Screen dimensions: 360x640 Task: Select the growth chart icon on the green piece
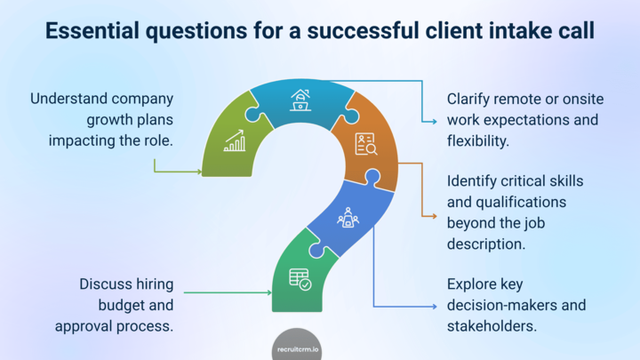(x=235, y=140)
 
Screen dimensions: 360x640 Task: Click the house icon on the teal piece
(x=300, y=100)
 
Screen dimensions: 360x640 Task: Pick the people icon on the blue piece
(x=347, y=217)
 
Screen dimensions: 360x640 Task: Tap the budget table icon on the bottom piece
(x=300, y=279)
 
